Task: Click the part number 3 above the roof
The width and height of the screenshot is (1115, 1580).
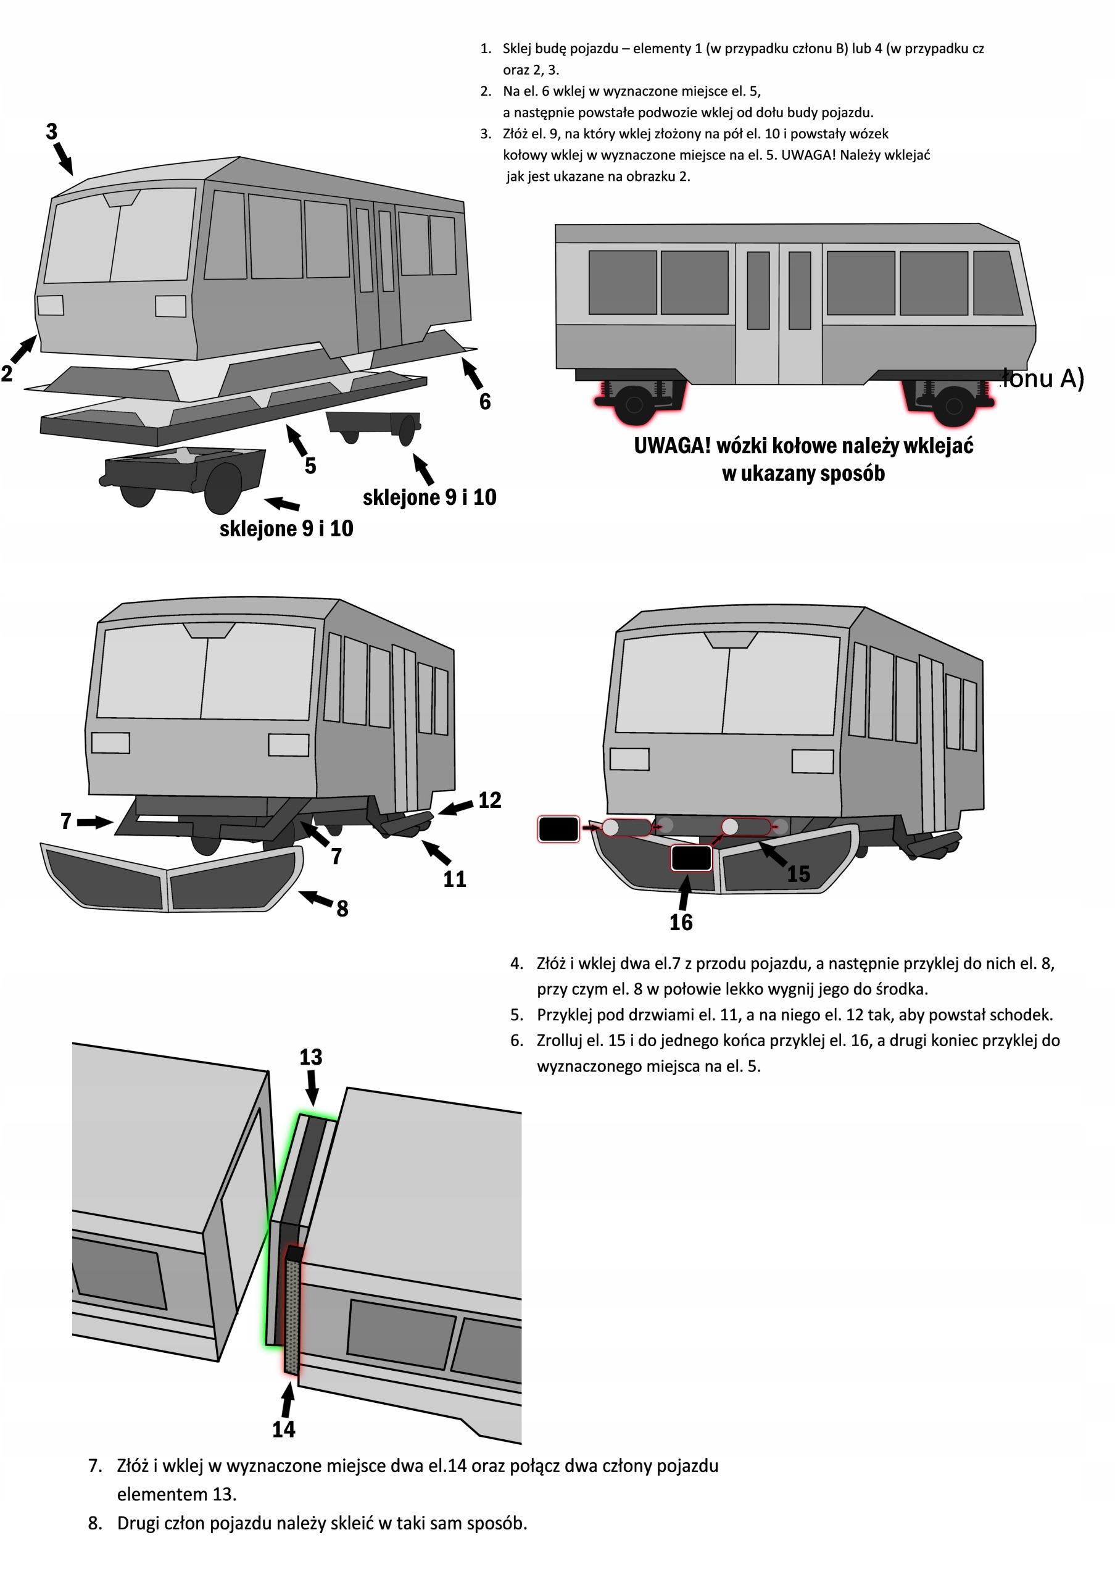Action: point(52,131)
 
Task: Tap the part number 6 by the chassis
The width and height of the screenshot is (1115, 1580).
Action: point(485,402)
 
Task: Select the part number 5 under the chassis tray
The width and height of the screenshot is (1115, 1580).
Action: point(310,466)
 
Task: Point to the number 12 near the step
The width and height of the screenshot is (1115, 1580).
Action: point(490,800)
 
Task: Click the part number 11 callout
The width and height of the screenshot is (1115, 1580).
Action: point(454,879)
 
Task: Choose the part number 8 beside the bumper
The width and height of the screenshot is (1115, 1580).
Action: point(342,908)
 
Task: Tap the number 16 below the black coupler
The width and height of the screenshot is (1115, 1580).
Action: point(681,923)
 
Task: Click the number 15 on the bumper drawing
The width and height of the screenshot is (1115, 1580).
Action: point(798,874)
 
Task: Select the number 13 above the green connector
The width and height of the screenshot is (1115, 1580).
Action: point(310,1057)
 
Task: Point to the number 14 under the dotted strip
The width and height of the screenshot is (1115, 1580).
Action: point(283,1429)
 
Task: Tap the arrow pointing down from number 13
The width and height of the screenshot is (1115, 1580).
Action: point(312,1088)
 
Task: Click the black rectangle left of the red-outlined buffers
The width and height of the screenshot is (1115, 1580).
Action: point(558,829)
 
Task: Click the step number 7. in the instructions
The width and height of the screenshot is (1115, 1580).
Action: point(95,1466)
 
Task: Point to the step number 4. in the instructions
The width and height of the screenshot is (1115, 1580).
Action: point(516,963)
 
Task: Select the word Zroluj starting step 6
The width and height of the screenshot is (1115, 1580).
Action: point(559,1041)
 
